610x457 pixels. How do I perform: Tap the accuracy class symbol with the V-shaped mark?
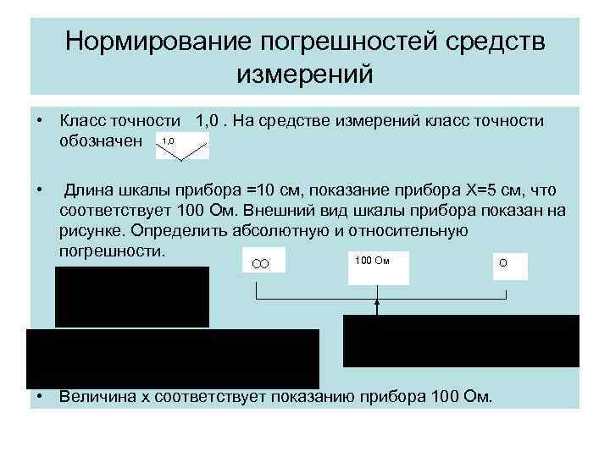[x=182, y=146]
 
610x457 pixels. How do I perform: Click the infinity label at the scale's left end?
[x=262, y=265]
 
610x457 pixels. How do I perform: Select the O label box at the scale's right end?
[x=508, y=265]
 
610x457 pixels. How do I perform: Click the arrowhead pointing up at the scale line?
[x=377, y=303]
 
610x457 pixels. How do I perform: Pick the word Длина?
[x=90, y=187]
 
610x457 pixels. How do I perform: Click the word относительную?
[x=413, y=230]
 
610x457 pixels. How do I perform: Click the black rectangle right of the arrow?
[x=461, y=340]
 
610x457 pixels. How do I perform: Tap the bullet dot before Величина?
[x=40, y=396]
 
